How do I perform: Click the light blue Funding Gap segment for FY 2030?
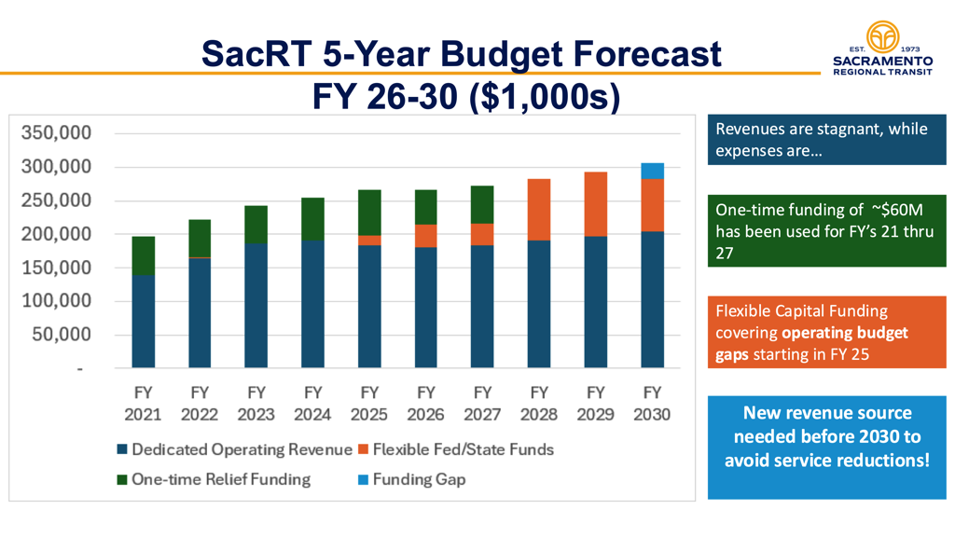(652, 171)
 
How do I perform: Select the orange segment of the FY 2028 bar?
(539, 210)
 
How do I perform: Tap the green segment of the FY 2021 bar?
(143, 255)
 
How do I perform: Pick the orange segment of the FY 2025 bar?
(369, 241)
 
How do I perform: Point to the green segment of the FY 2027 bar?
(482, 205)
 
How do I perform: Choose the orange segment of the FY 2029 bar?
(595, 204)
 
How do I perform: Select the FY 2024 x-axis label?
(312, 403)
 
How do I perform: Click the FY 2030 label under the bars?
(652, 403)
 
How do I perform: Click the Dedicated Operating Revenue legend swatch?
(122, 450)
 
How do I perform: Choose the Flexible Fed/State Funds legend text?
(463, 449)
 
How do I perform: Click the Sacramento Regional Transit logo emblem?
(881, 36)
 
